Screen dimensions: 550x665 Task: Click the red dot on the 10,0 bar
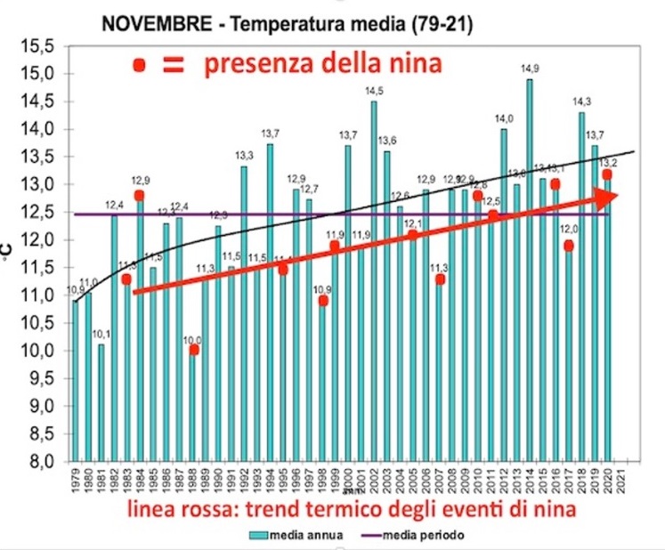[194, 350]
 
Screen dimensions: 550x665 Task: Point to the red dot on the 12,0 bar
[568, 246]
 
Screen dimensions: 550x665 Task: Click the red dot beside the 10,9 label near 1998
[322, 301]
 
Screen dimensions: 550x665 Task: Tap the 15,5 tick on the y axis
[40, 45]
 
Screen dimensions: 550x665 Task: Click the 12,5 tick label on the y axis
[40, 213]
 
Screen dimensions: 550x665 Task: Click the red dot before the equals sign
[139, 65]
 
